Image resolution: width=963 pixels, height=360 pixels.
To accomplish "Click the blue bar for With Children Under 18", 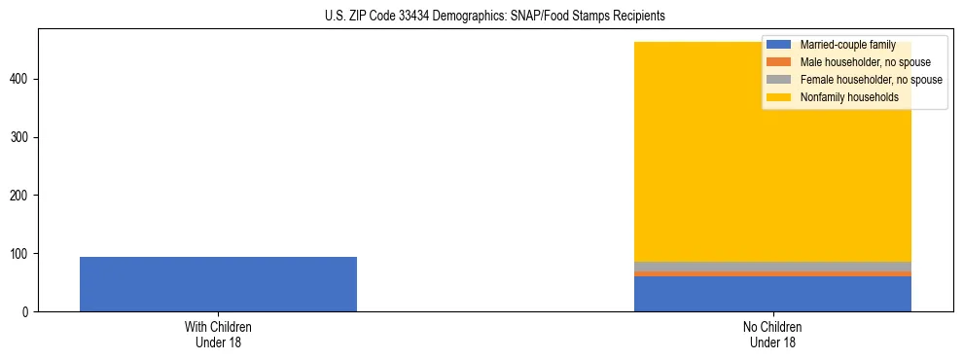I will [x=218, y=284].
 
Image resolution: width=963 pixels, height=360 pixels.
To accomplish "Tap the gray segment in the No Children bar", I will [x=772, y=267].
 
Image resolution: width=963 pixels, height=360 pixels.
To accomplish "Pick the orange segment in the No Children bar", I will [x=772, y=273].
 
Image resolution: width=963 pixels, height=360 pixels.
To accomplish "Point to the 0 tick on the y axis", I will [x=26, y=312].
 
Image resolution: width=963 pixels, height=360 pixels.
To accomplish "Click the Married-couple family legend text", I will [x=847, y=45].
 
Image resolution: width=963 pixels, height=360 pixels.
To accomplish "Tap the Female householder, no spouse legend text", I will [x=871, y=80].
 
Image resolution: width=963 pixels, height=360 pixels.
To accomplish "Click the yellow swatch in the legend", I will [x=779, y=97].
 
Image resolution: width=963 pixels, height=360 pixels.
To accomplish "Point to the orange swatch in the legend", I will [x=779, y=62].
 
